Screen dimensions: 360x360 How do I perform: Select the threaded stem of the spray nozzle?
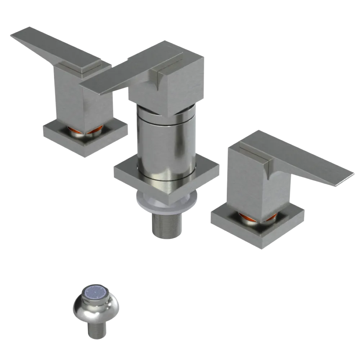coord(96,329)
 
